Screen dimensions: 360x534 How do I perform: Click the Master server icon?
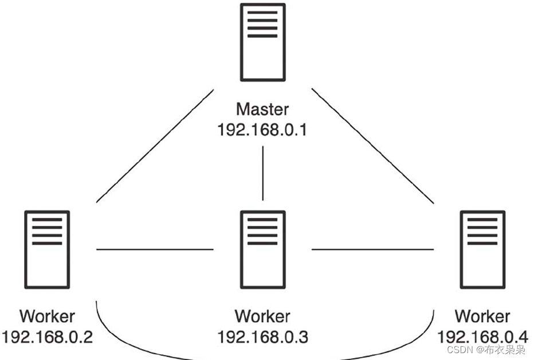coord(262,42)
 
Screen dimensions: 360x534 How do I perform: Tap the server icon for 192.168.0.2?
coord(48,249)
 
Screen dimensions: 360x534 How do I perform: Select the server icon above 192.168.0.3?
coord(262,249)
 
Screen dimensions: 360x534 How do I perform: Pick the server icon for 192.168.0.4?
coord(482,249)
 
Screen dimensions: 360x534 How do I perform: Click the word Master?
coord(262,109)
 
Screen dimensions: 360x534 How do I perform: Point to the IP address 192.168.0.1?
coord(262,130)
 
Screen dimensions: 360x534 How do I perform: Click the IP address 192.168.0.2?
coord(48,336)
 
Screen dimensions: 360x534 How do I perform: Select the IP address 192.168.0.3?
coord(262,336)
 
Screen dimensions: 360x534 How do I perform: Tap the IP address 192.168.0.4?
coord(482,336)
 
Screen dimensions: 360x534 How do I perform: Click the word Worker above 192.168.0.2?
coord(48,316)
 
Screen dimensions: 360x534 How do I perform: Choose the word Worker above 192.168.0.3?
coord(262,316)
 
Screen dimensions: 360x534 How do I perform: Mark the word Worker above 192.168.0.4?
coord(482,316)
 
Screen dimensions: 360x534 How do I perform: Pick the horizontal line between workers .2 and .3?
coord(155,249)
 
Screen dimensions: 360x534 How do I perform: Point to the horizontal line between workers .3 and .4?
coord(372,249)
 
